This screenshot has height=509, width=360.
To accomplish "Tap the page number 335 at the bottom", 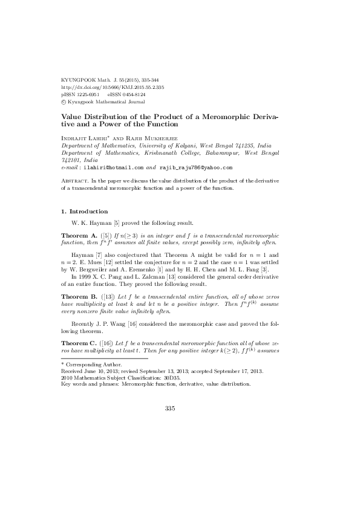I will (x=170, y=409).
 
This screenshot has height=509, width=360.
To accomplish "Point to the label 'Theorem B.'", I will (x=78, y=297).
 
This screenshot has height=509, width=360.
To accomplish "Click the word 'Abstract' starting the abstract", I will (x=75, y=181).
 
